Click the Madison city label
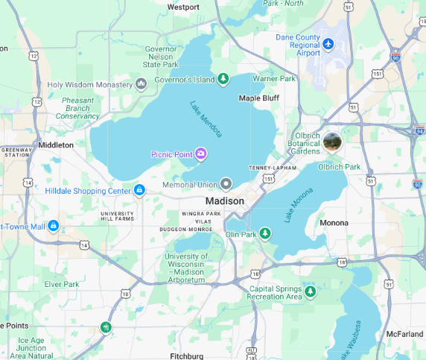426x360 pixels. coord(224,201)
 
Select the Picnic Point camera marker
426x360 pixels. coord(201,154)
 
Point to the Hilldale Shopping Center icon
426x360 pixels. coord(139,190)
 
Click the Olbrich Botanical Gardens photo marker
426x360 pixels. coord(332,142)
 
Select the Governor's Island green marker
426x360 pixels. coord(223,80)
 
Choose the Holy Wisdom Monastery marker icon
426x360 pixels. coord(141,84)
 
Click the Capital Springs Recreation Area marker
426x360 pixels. coord(311,291)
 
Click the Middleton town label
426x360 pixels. coord(56,145)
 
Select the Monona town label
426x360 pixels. coord(333,223)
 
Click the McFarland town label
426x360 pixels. coord(404,334)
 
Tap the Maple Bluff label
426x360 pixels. coord(258,98)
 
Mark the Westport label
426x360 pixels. coord(183,7)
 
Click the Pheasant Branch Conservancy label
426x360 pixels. coord(77,108)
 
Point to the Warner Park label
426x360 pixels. coord(274,78)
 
